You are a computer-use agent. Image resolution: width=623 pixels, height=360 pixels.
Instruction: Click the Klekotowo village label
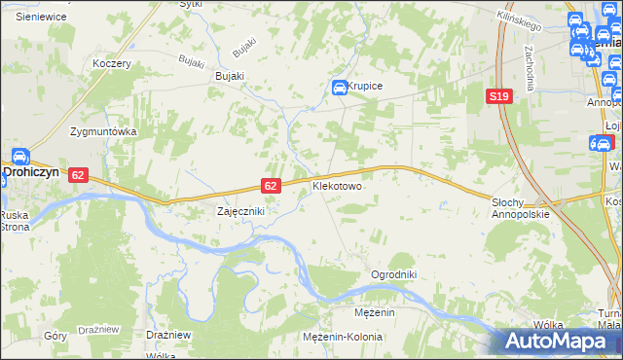coord(337,185)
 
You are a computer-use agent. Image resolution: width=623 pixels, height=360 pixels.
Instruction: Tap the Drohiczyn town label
coord(31,171)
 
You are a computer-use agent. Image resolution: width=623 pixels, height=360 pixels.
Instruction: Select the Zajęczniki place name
coord(240,211)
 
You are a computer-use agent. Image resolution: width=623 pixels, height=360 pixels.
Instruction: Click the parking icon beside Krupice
coord(340,88)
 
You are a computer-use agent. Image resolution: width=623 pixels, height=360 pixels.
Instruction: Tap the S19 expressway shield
coord(499,95)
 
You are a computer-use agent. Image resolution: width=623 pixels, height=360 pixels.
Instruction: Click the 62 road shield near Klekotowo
coord(272,185)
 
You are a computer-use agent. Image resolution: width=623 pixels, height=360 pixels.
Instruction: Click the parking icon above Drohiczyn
coord(18,156)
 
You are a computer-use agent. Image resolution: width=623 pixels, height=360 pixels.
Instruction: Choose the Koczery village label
coord(111,63)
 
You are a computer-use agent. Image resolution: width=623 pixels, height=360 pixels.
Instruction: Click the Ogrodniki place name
coord(393,275)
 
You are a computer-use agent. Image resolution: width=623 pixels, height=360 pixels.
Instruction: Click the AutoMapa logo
coord(559,342)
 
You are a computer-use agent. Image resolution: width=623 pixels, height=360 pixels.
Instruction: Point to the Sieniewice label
coord(40,17)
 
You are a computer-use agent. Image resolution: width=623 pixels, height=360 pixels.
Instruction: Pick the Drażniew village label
coord(166,335)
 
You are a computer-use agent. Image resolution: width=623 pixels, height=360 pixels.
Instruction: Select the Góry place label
coord(55,335)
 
